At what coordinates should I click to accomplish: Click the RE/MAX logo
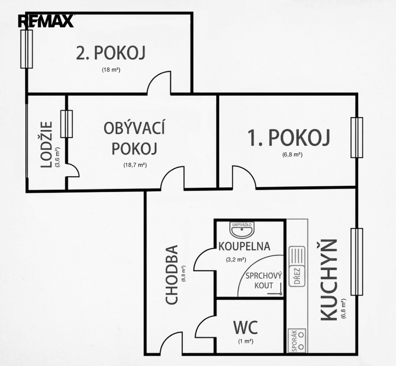pos(46,21)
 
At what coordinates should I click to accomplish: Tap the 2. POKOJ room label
pos(110,53)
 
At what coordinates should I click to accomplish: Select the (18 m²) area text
pos(111,70)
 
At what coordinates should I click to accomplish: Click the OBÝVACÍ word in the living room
pos(134,128)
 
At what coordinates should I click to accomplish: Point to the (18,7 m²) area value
pos(135,165)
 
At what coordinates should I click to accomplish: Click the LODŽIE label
pos(47,145)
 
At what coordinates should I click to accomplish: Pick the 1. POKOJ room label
pos(289,138)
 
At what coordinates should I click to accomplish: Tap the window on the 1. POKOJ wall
pos(357,138)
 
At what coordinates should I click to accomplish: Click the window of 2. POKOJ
pos(27,49)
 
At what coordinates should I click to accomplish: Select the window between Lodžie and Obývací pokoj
pos(67,124)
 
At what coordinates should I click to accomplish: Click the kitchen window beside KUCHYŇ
pos(357,262)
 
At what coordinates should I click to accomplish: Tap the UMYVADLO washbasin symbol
pos(242,229)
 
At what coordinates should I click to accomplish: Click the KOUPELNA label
pos(244,246)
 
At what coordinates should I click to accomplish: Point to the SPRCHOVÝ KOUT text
pos(264,281)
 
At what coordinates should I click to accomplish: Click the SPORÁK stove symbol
pos(297,340)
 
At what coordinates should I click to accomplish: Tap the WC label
pos(246,327)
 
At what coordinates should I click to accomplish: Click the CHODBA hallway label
pos(172,274)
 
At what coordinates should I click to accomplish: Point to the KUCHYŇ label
pos(328,280)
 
